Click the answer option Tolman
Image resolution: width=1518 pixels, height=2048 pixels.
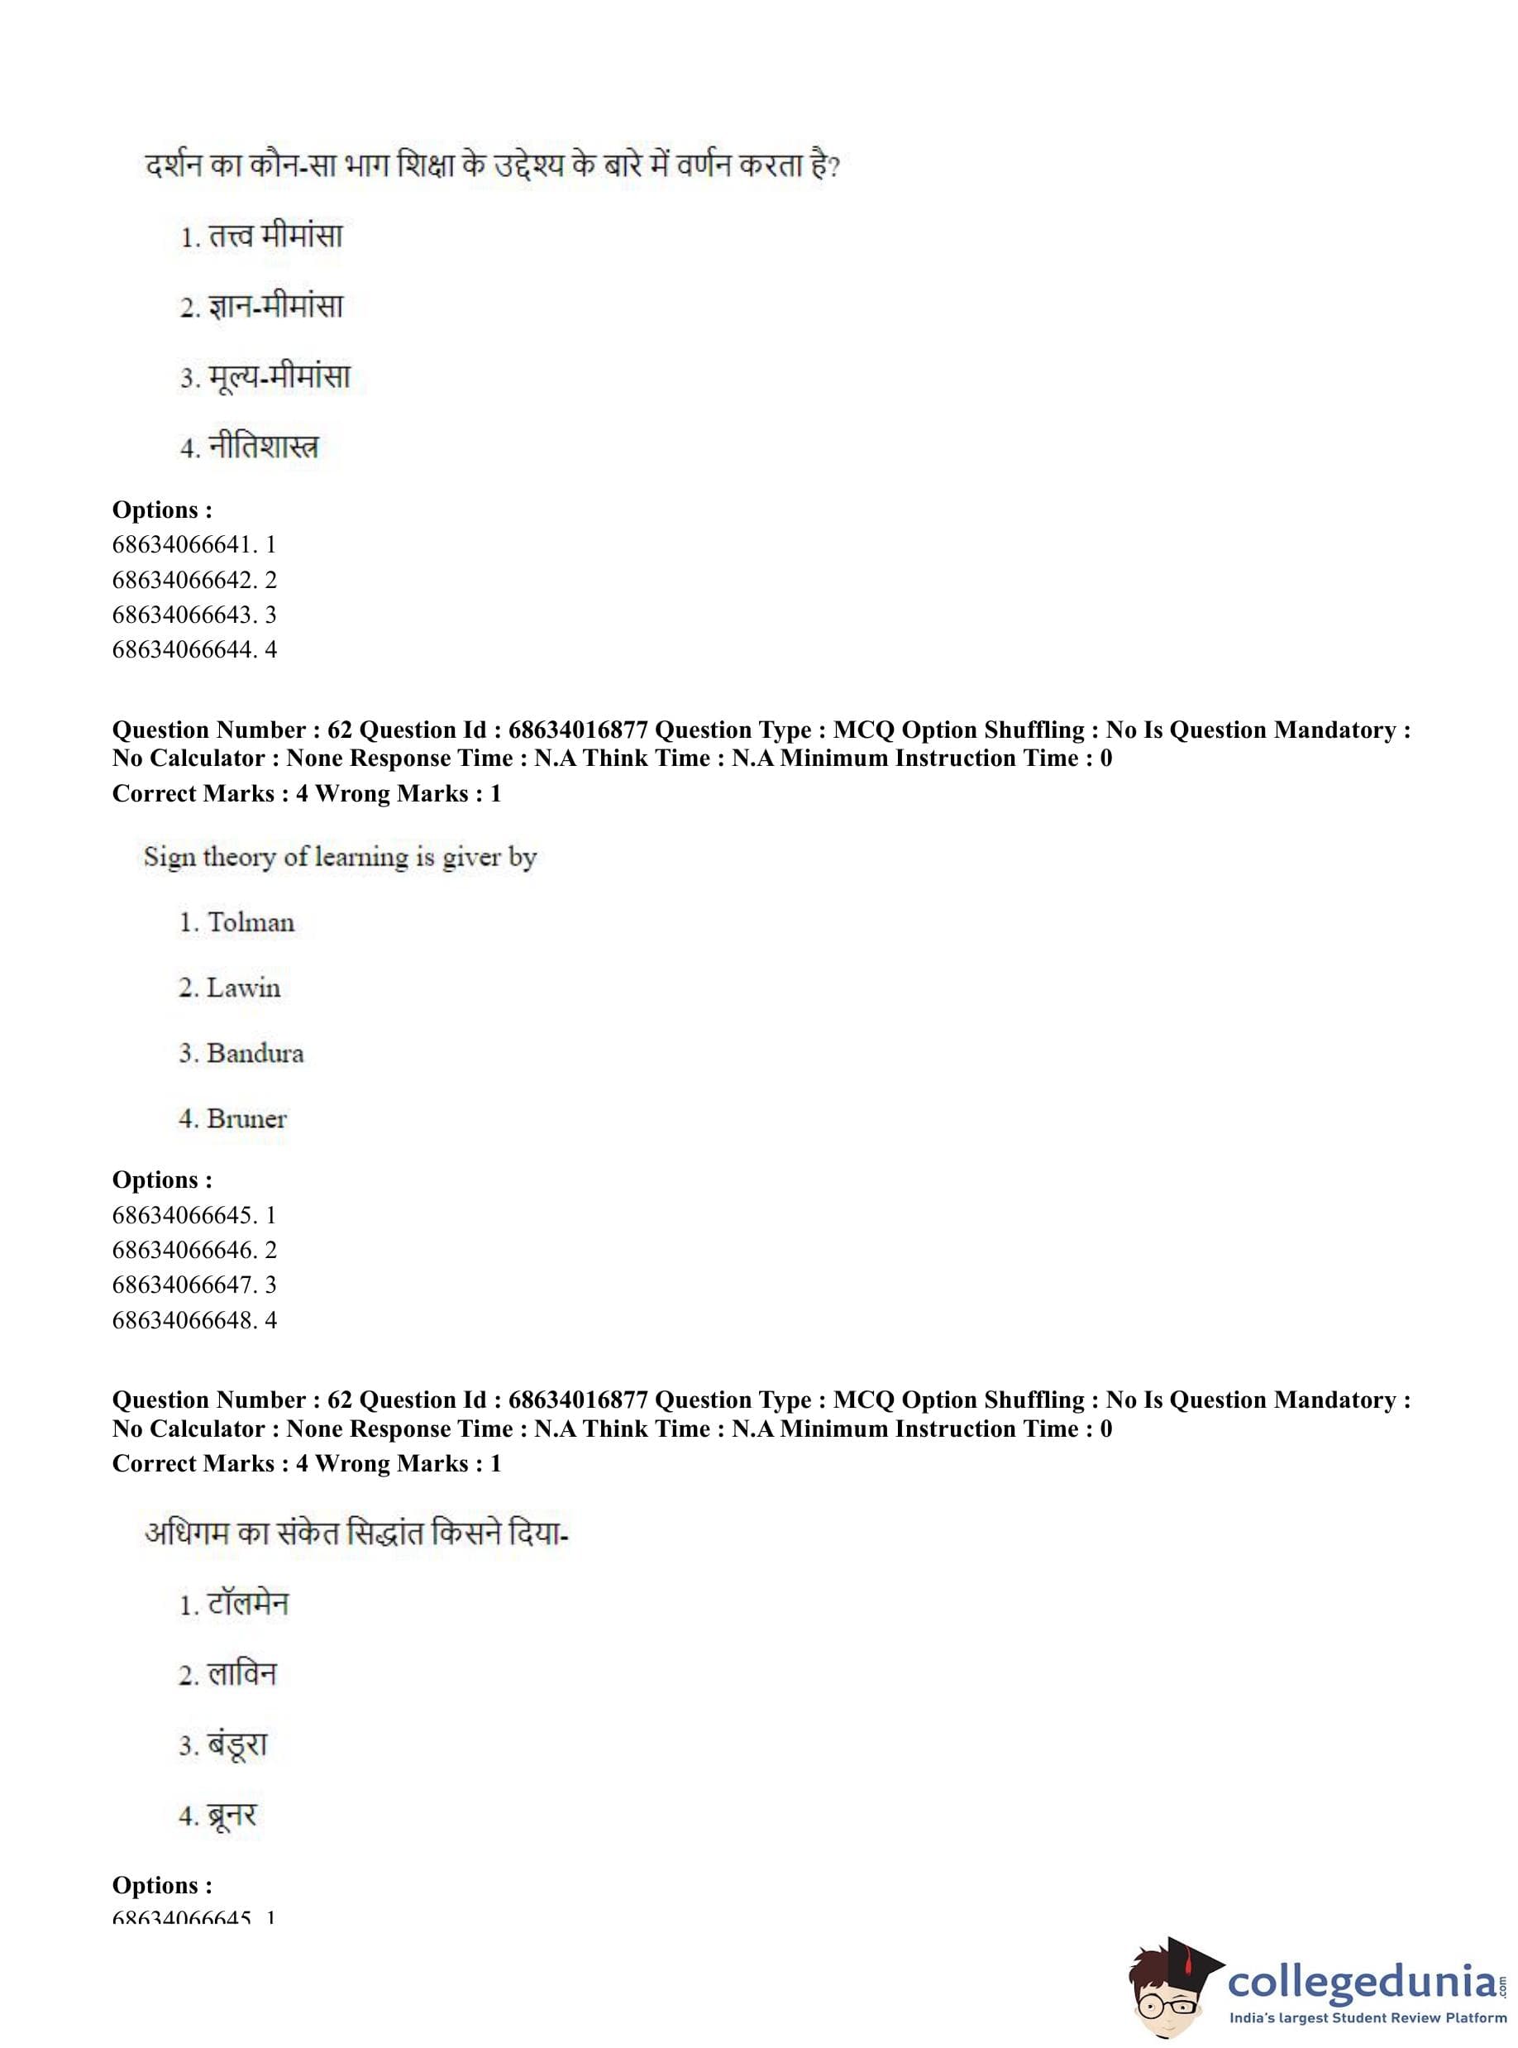click(250, 922)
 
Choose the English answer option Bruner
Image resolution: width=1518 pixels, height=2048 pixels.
click(246, 1118)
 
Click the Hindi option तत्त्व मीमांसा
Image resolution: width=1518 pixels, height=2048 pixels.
click(274, 237)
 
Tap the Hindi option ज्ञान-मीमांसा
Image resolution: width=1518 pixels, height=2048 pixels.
click(274, 306)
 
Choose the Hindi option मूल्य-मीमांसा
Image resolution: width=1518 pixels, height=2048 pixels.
click(279, 377)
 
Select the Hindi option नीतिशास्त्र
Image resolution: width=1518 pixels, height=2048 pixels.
click(263, 447)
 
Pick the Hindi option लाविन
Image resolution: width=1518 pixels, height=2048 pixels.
click(241, 1674)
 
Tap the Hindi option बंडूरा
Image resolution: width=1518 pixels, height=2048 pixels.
click(237, 1744)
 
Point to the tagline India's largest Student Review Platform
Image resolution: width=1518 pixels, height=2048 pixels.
click(1368, 2017)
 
